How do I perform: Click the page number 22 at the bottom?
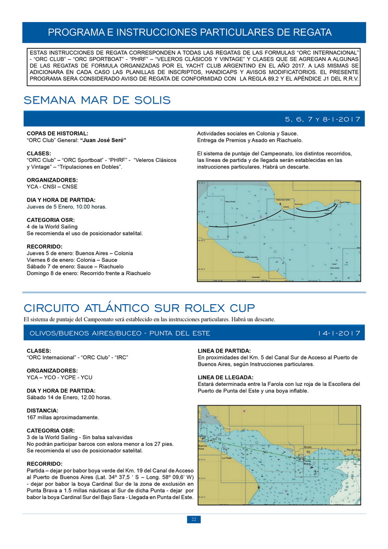pyautogui.click(x=194, y=519)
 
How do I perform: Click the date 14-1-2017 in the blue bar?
pyautogui.click(x=339, y=333)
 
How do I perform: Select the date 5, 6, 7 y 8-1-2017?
pyautogui.click(x=322, y=119)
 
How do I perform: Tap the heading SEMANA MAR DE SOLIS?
pyautogui.click(x=97, y=100)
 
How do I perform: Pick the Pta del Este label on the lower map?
pyautogui.click(x=353, y=450)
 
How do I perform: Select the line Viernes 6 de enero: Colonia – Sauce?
pyautogui.click(x=72, y=260)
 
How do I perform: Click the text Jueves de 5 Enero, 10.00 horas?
pyautogui.click(x=66, y=207)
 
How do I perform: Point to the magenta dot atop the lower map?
pyautogui.click(x=245, y=411)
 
